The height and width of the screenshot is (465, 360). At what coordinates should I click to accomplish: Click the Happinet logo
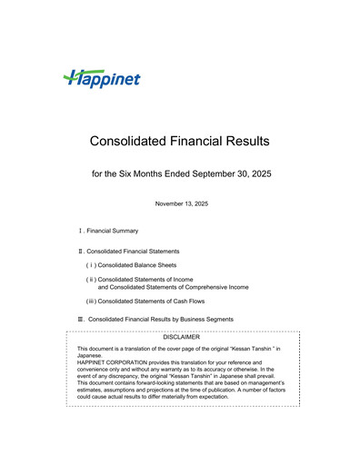[102, 79]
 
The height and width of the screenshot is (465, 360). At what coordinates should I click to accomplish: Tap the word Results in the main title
[246, 142]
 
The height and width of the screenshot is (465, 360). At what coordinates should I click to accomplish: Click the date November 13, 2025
[181, 203]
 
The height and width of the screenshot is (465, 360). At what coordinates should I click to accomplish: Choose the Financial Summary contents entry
[112, 231]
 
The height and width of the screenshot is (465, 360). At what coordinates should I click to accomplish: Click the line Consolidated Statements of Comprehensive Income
[173, 287]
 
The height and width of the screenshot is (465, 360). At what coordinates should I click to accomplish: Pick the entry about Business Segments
[161, 319]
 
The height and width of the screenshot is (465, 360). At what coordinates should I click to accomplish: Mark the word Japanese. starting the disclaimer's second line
[92, 355]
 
